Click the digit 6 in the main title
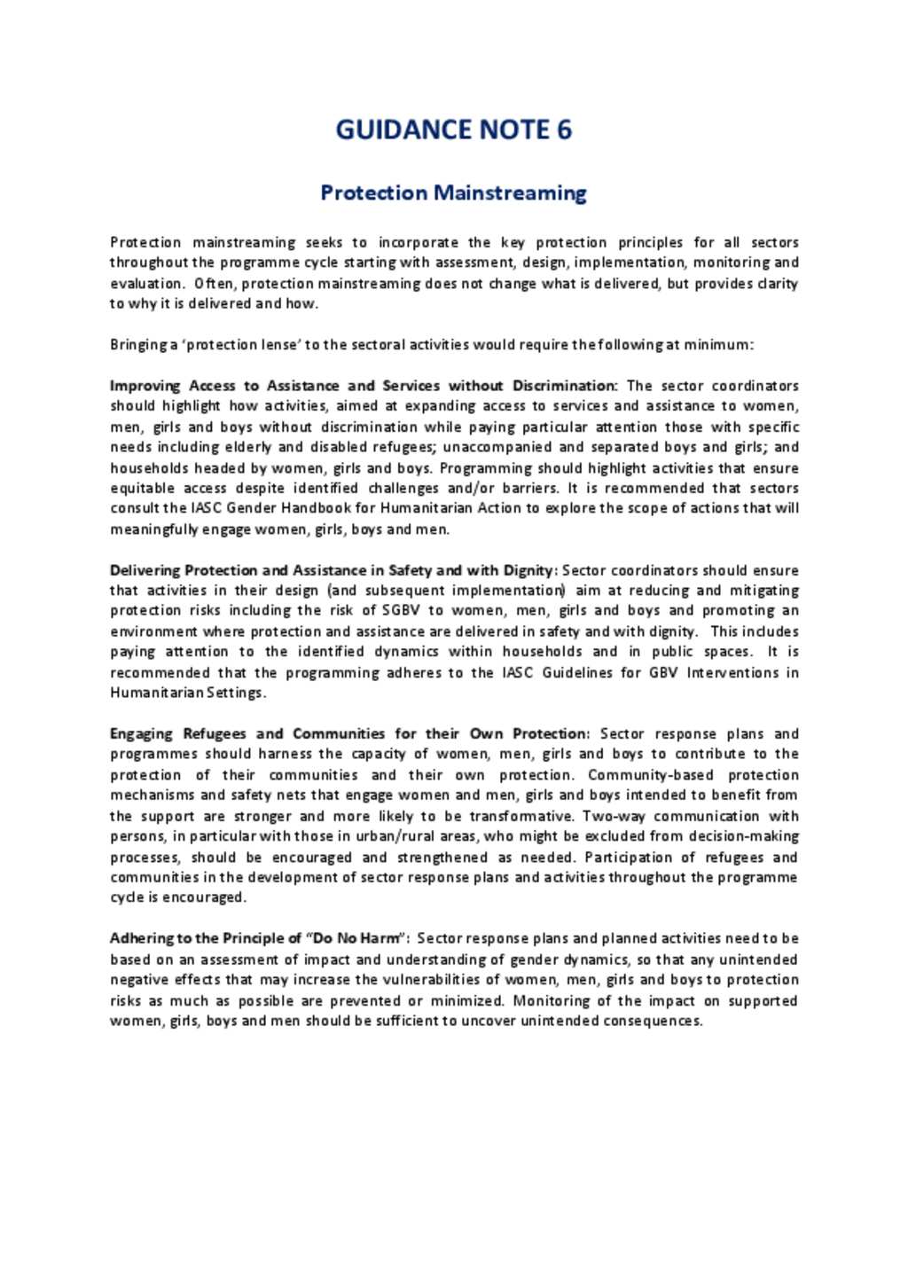(564, 130)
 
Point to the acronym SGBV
(401, 610)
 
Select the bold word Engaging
(142, 733)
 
